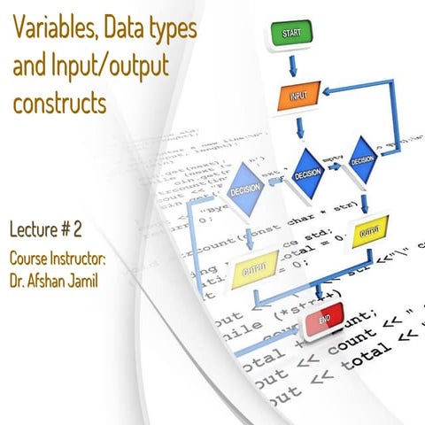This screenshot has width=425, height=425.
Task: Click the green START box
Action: point(291,35)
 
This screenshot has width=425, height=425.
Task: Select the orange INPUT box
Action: point(298,96)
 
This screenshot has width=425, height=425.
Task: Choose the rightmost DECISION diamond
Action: point(362,160)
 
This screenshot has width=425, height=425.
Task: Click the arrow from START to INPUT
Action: point(293,65)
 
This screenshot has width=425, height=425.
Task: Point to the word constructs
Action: point(60,104)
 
